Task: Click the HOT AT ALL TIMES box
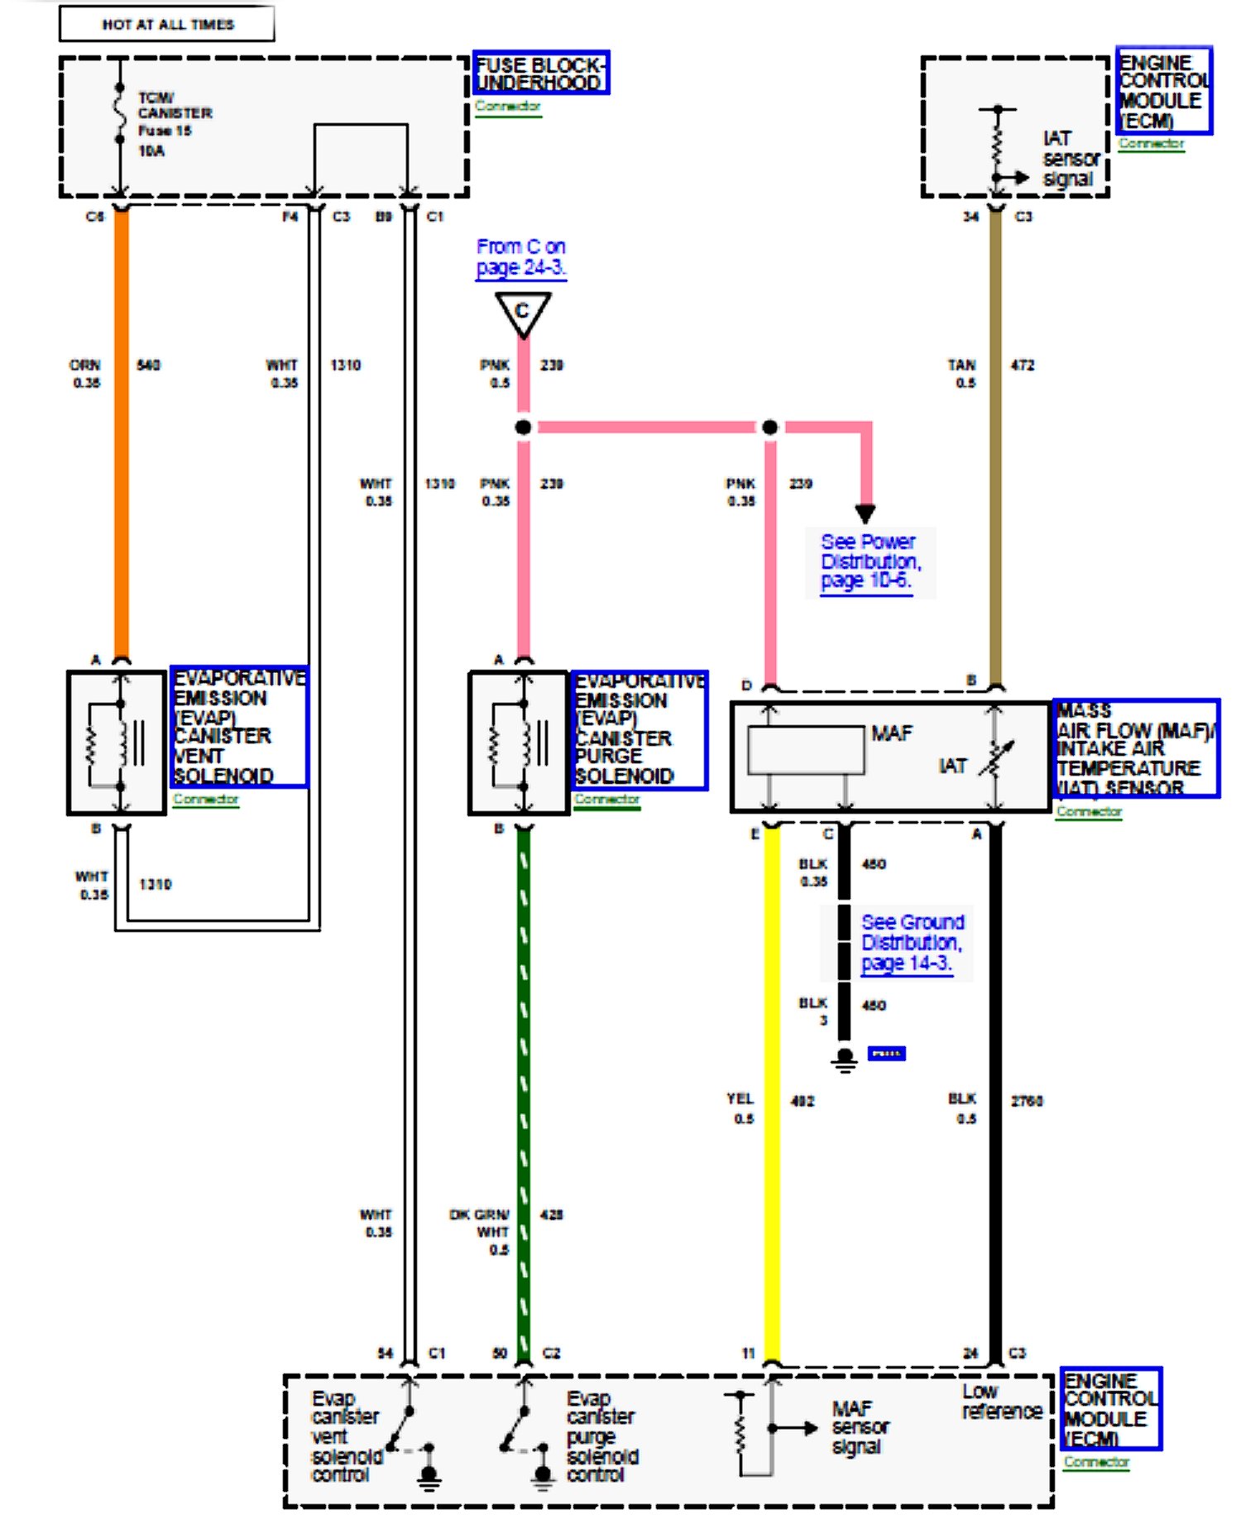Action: (166, 24)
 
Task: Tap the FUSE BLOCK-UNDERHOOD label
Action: (540, 73)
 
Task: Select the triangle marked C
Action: (522, 313)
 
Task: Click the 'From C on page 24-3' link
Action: (520, 257)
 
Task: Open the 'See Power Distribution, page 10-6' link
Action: (869, 562)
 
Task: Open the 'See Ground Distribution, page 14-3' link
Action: (911, 943)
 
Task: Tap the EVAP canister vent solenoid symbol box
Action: (117, 743)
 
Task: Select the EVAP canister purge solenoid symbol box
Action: (519, 743)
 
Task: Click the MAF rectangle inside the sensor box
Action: (805, 750)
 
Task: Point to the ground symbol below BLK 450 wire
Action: (844, 1059)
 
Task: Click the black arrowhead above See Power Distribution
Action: (865, 514)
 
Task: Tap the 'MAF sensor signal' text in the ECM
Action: (860, 1427)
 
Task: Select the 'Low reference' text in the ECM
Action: (1000, 1401)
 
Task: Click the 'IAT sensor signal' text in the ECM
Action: (1070, 159)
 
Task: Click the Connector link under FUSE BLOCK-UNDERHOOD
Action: (508, 107)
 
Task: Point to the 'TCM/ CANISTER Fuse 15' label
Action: (174, 114)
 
